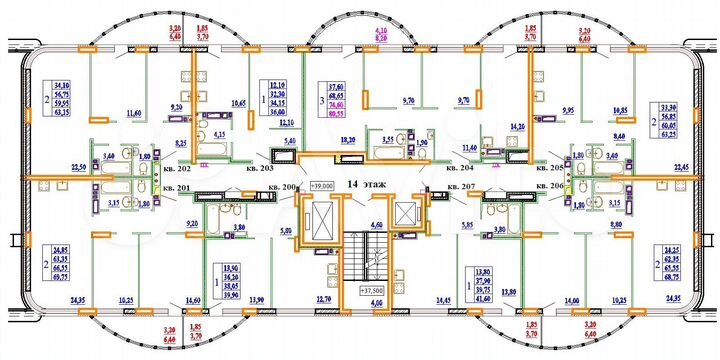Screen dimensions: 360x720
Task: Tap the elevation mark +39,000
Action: [x=321, y=186]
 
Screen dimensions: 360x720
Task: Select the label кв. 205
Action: [x=550, y=169]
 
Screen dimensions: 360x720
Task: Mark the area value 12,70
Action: [x=320, y=299]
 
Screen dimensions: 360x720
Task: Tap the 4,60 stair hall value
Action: [x=376, y=227]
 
